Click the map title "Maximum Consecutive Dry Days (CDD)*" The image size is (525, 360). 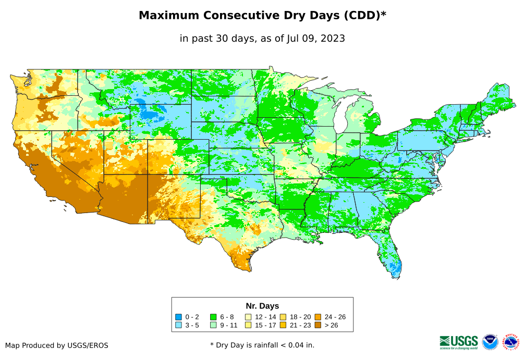tap(262, 16)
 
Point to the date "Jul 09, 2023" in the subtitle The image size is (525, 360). tap(315, 39)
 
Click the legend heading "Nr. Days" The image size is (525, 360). tap(262, 306)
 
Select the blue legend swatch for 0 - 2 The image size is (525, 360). tap(178, 317)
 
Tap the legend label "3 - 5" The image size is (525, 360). tap(192, 325)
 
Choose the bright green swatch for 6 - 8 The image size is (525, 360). tap(213, 317)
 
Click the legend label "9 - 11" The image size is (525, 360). tap(228, 325)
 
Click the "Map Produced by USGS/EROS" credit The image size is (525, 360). tap(57, 345)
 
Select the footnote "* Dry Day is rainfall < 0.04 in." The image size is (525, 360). tap(262, 345)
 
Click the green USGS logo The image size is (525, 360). tap(459, 342)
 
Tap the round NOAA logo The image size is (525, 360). tap(490, 342)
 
